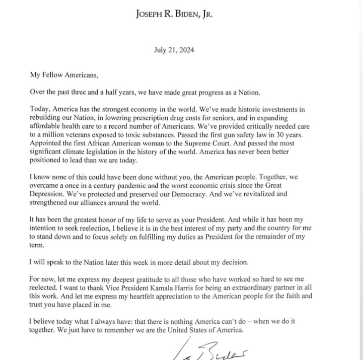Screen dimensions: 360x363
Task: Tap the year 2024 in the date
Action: click(186, 50)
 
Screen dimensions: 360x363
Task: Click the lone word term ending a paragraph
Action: click(37, 245)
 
